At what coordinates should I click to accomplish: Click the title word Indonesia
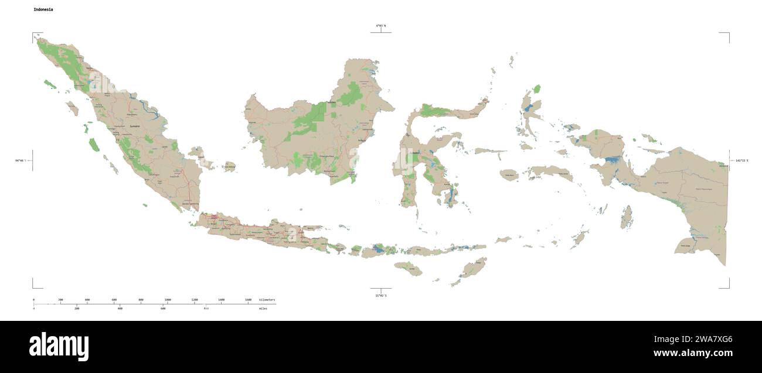45,11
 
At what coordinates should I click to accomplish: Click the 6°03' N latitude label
381,26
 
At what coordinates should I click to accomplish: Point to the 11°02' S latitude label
381,296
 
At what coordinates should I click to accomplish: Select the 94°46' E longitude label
22,160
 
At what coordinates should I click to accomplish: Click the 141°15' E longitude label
740,160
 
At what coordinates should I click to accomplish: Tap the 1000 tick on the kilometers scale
168,300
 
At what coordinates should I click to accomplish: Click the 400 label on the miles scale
120,308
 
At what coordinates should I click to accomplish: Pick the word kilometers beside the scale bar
267,300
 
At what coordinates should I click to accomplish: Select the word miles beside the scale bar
263,308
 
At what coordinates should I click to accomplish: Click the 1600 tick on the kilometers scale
248,300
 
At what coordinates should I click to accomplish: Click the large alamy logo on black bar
59,347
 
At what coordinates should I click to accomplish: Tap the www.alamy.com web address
693,353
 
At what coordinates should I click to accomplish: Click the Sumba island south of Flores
408,269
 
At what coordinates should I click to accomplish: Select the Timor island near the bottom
474,268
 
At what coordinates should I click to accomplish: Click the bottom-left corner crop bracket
35,286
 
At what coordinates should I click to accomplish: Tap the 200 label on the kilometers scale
60,300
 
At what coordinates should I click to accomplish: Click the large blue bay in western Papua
613,159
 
